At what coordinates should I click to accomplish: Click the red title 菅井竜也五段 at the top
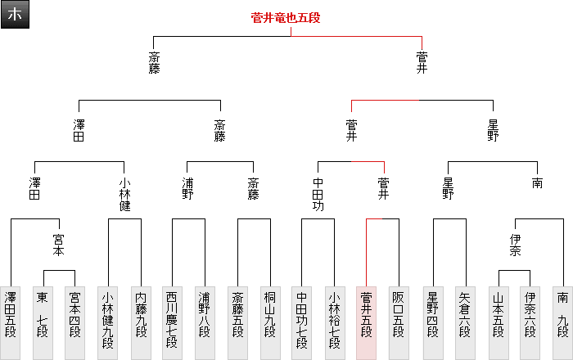[x=290, y=17]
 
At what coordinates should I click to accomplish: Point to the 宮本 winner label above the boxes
[x=58, y=246]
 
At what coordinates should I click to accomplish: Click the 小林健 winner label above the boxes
[x=124, y=195]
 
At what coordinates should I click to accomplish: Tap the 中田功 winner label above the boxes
[x=318, y=195]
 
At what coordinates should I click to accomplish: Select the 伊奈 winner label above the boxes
[x=514, y=246]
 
